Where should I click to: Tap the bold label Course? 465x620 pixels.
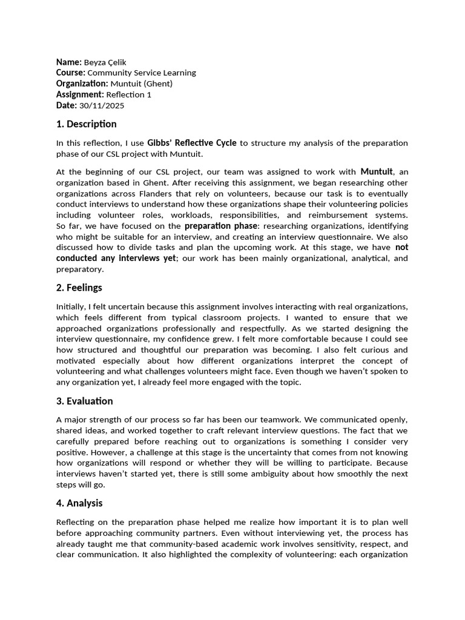click(71, 73)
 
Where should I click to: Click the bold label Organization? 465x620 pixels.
click(82, 84)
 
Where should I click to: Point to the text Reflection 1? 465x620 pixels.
click(125, 94)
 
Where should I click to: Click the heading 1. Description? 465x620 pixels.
click(86, 124)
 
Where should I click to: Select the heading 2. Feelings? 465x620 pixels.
click(79, 288)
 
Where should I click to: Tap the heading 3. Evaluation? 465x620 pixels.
click(84, 401)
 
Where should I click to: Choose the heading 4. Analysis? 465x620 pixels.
click(79, 503)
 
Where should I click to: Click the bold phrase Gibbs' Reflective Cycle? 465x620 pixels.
click(192, 143)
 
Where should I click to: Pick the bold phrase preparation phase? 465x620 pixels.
click(220, 226)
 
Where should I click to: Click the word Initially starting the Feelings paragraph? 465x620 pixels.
click(71, 306)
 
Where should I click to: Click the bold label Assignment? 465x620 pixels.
click(80, 94)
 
